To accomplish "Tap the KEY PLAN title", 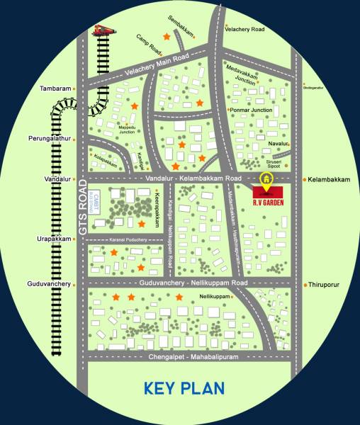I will [184, 388].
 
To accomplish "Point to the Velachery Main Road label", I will [156, 66].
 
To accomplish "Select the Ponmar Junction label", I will [252, 110].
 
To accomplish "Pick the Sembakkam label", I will [182, 27].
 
